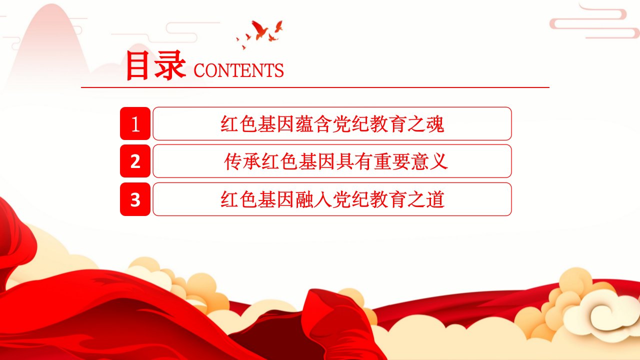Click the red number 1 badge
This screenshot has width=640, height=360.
click(x=135, y=123)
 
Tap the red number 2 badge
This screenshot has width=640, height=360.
click(x=135, y=161)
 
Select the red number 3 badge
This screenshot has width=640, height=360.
click(x=135, y=199)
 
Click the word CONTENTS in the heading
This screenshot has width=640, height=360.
click(x=238, y=70)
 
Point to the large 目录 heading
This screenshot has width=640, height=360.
click(x=155, y=65)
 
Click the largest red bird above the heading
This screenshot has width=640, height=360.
click(x=260, y=29)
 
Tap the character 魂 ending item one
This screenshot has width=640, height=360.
click(x=435, y=124)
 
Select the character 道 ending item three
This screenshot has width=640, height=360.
click(x=435, y=199)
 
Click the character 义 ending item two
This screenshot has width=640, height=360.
click(x=438, y=161)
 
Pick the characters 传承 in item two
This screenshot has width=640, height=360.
click(x=242, y=161)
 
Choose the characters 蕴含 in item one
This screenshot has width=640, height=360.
click(x=313, y=124)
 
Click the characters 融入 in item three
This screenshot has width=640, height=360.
click(x=313, y=199)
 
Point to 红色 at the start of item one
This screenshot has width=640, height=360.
click(x=238, y=124)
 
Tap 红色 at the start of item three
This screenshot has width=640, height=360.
click(x=238, y=199)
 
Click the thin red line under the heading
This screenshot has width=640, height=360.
click(x=315, y=87)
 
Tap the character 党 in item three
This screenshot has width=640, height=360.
click(x=341, y=199)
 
